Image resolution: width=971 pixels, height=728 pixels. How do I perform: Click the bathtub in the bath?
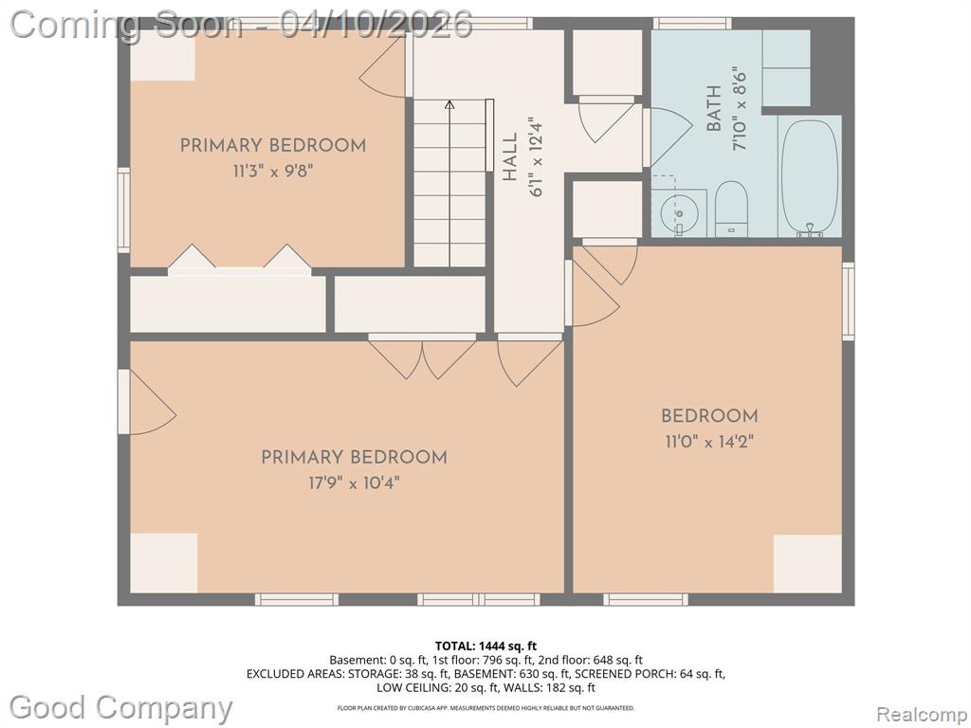click(x=810, y=177)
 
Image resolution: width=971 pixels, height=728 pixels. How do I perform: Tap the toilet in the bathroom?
click(x=731, y=208)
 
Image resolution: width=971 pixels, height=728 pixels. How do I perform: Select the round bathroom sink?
click(x=679, y=213)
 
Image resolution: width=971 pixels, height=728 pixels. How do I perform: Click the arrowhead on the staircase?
click(x=449, y=104)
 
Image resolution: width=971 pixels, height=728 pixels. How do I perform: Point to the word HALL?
click(x=509, y=157)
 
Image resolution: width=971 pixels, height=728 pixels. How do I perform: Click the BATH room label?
click(x=714, y=108)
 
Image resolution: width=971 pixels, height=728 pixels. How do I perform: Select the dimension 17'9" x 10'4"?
click(x=355, y=482)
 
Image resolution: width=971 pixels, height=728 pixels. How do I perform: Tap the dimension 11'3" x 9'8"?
click(x=273, y=171)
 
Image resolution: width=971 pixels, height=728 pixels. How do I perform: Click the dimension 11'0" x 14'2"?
click(x=709, y=442)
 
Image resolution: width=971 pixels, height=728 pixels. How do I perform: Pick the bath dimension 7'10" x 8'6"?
click(x=740, y=108)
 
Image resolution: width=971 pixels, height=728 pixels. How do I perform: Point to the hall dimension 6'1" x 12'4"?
click(x=536, y=157)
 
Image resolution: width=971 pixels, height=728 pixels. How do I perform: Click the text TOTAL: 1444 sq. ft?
click(x=486, y=646)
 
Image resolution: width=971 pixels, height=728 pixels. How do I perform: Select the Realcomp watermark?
click(x=923, y=714)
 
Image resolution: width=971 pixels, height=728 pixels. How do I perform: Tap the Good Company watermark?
click(x=121, y=707)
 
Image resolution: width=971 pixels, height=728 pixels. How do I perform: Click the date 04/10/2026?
click(x=376, y=25)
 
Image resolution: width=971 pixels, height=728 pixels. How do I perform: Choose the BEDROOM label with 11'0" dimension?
click(x=709, y=416)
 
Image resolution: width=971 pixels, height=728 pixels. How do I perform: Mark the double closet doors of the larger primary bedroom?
click(x=422, y=359)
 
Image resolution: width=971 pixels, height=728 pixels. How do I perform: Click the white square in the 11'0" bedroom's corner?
click(x=808, y=564)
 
